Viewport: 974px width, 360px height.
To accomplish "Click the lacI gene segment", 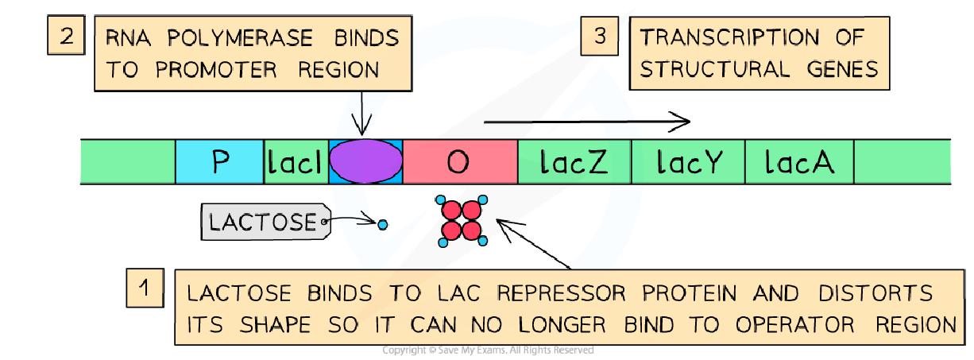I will pyautogui.click(x=295, y=161).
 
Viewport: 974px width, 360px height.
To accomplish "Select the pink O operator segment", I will pyautogui.click(x=460, y=161).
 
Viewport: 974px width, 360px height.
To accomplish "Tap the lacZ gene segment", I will pyautogui.click(x=574, y=161).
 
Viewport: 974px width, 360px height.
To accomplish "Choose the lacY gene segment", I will pyautogui.click(x=688, y=161).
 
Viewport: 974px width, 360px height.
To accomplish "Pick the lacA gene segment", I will pyautogui.click(x=798, y=161).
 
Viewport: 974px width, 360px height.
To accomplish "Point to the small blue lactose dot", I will pyautogui.click(x=383, y=226).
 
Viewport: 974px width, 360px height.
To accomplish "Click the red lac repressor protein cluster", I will pyautogui.click(x=462, y=220).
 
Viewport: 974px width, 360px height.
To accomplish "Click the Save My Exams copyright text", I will pyautogui.click(x=487, y=350).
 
